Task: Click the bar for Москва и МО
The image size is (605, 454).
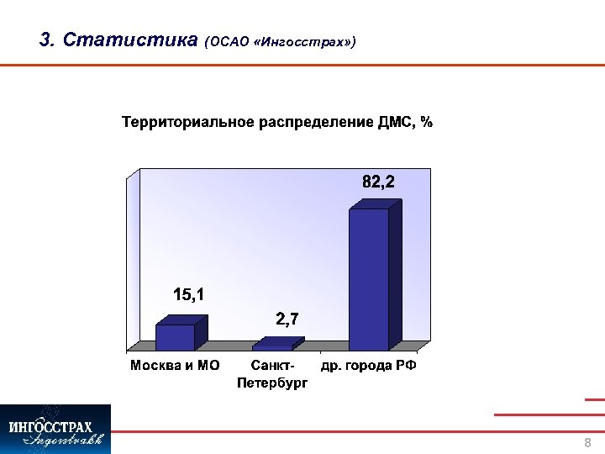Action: (175, 337)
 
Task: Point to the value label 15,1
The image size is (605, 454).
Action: (188, 294)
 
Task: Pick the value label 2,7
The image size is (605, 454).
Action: (287, 319)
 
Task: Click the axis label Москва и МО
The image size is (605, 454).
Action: (175, 367)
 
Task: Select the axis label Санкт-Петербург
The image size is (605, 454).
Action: (272, 375)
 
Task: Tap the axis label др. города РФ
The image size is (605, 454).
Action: (369, 367)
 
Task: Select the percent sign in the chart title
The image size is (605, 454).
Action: (427, 123)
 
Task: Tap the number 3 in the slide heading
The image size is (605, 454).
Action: (45, 40)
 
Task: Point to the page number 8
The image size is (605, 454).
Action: (587, 443)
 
